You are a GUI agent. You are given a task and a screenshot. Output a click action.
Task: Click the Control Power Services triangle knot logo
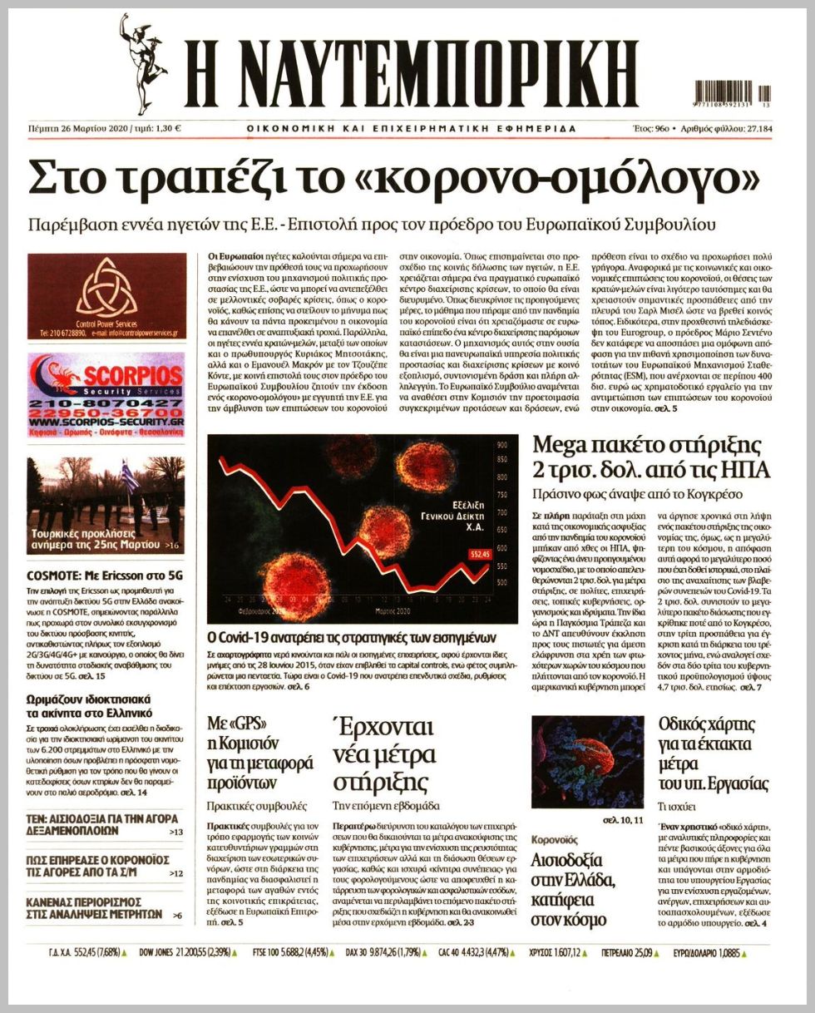pos(106,286)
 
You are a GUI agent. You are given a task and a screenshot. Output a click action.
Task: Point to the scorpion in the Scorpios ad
pos(50,375)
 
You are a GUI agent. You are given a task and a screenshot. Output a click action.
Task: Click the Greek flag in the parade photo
pos(126,480)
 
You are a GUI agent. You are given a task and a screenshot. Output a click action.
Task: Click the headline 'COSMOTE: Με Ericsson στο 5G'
pos(105,575)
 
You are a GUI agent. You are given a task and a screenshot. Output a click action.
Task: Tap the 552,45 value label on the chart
pos(480,553)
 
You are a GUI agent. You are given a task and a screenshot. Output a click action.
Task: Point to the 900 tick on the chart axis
pos(501,445)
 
